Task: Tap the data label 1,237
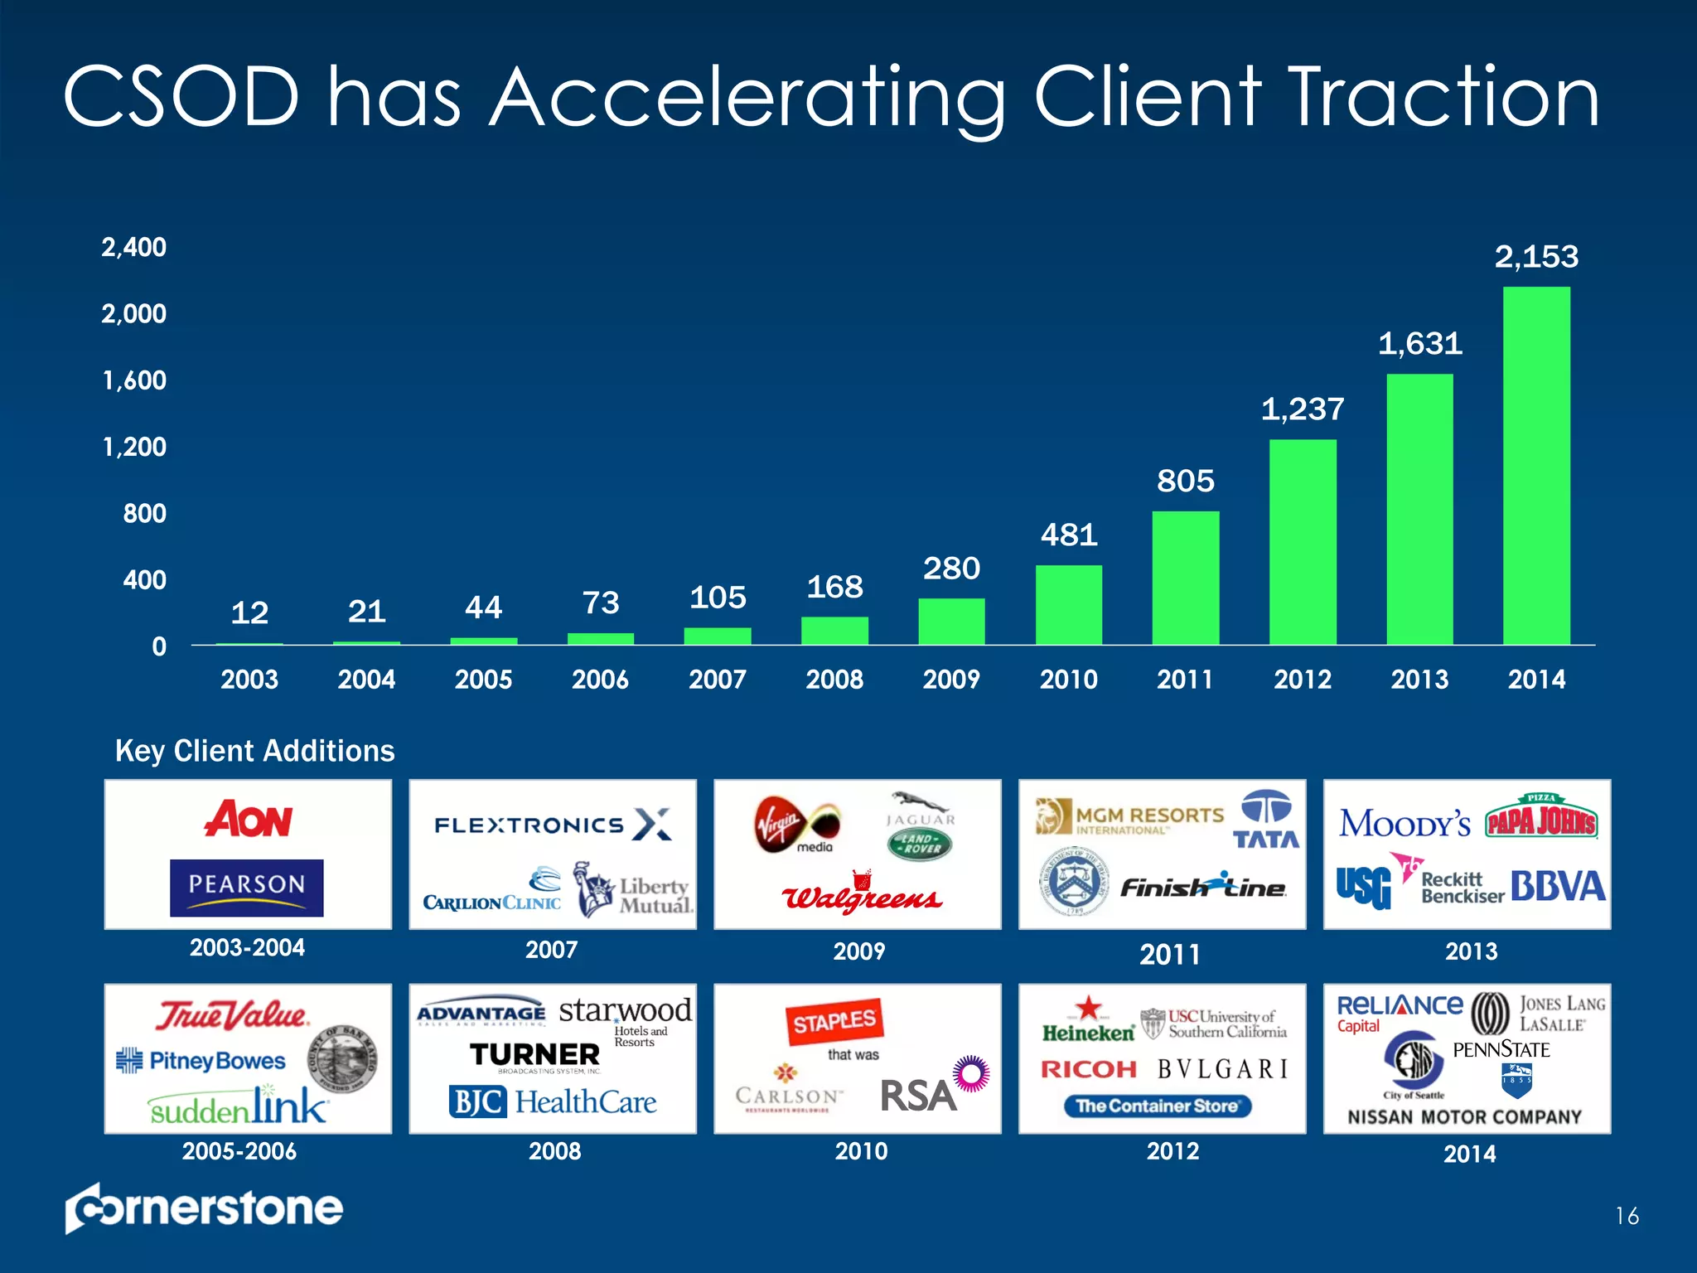[x=1302, y=409]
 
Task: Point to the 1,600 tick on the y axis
[x=134, y=380]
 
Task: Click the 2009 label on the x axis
[x=951, y=680]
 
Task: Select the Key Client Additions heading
[x=254, y=751]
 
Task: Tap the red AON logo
[x=248, y=820]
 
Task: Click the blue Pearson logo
[x=246, y=887]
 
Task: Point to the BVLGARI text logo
[x=1223, y=1069]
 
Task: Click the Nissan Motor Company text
[x=1464, y=1117]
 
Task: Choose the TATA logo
[x=1266, y=820]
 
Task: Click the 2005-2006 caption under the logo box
[x=239, y=1151]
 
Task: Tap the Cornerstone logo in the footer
[x=204, y=1208]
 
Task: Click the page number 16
[x=1627, y=1216]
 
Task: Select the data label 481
[x=1069, y=535]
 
